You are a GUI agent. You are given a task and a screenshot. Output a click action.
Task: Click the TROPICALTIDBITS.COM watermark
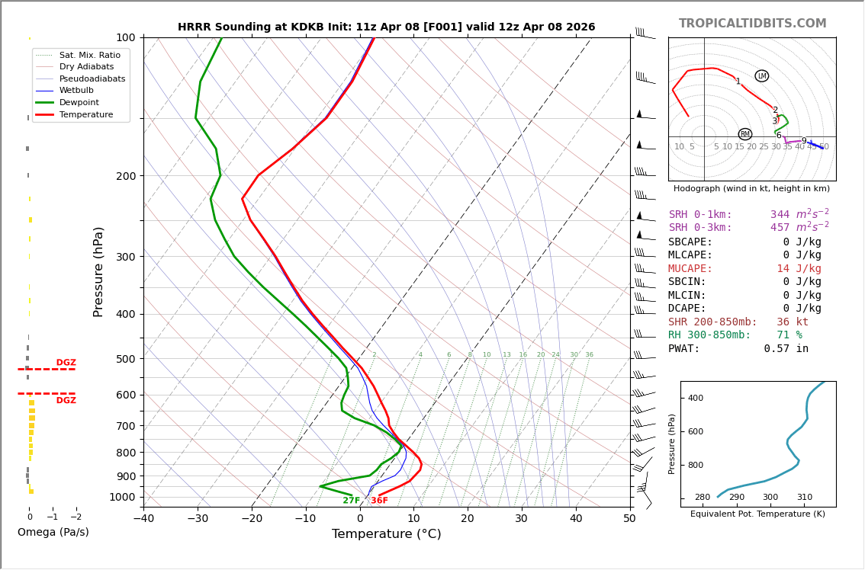tap(752, 24)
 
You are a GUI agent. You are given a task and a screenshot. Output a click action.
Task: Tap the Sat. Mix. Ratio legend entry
tap(89, 56)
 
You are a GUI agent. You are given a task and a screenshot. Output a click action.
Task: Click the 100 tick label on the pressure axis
tap(125, 37)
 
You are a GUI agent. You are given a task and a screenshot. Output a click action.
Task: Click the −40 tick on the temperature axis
tap(143, 519)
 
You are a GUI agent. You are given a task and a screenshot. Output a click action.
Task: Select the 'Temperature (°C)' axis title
tap(386, 534)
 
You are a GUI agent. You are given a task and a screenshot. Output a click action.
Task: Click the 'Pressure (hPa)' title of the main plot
tap(98, 272)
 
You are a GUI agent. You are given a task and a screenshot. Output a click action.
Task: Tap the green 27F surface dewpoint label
tap(351, 501)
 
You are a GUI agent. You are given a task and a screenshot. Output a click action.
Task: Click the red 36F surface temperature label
tap(379, 501)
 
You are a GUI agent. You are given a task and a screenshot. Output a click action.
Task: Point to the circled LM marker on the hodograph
tap(761, 76)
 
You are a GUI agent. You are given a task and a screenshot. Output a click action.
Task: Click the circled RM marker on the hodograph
tap(744, 134)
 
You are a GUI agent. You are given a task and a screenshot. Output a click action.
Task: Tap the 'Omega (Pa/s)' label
tap(53, 533)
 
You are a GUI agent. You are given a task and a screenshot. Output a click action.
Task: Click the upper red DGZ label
tap(66, 363)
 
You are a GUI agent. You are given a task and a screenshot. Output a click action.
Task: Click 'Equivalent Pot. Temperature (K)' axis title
tap(757, 514)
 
